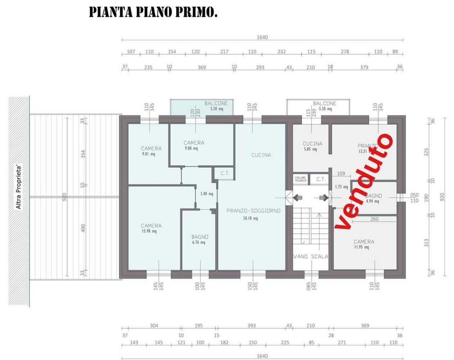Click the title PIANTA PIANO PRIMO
[153, 12]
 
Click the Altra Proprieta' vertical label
[19, 187]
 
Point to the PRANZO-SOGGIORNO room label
[253, 211]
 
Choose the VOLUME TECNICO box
[300, 179]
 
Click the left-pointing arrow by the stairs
[298, 197]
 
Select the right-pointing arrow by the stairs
[323, 197]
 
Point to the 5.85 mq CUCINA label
[313, 146]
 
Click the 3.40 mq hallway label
[207, 194]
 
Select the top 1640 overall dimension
[262, 37]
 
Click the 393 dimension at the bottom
[252, 325]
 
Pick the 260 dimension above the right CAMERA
[374, 219]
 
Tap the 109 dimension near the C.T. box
[341, 174]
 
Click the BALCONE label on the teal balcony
[216, 103]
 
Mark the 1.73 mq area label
[341, 187]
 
